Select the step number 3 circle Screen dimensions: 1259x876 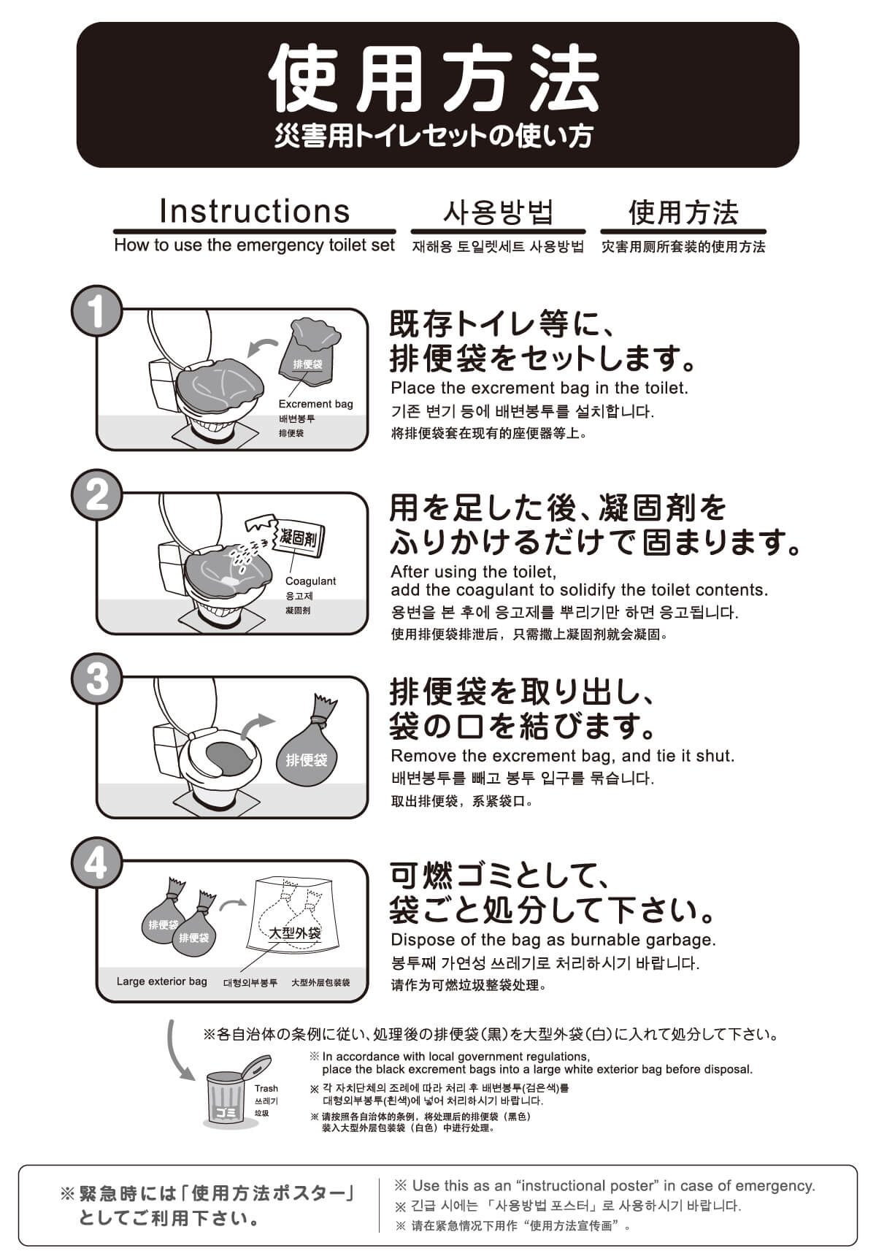pyautogui.click(x=96, y=678)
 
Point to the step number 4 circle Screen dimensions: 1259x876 pyautogui.click(x=96, y=862)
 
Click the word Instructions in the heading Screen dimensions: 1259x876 pyautogui.click(x=255, y=211)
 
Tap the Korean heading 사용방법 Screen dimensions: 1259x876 pyautogui.click(x=498, y=213)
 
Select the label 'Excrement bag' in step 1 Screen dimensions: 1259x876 pyautogui.click(x=315, y=404)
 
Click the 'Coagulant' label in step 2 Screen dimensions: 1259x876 pyautogui.click(x=310, y=581)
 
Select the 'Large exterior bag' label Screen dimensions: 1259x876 pyautogui.click(x=161, y=981)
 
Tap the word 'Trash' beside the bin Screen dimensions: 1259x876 pyautogui.click(x=266, y=1088)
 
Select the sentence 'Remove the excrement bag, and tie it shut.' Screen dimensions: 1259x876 pyautogui.click(x=562, y=756)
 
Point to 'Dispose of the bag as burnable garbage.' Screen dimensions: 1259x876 pyautogui.click(x=553, y=940)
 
